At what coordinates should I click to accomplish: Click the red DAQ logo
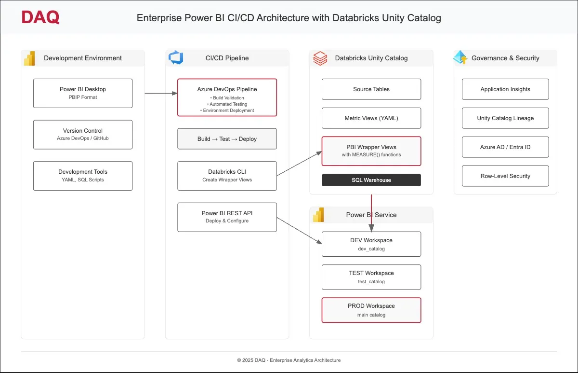(x=40, y=18)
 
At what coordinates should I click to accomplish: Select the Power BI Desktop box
(x=83, y=93)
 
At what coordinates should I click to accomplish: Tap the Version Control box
(x=83, y=134)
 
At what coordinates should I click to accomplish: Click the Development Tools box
(x=83, y=176)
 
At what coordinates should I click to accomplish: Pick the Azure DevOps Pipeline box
(x=227, y=97)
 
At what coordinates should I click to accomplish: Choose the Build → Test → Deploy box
(x=227, y=139)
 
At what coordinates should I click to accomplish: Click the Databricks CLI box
(x=227, y=176)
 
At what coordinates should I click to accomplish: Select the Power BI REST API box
(x=227, y=217)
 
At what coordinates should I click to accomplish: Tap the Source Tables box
(x=371, y=89)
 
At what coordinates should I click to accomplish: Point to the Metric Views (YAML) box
(x=371, y=118)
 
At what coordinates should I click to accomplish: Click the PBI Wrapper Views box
(x=371, y=151)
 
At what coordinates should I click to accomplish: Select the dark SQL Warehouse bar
(x=371, y=180)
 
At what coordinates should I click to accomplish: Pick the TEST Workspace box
(x=371, y=277)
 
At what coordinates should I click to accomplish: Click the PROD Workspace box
(x=371, y=310)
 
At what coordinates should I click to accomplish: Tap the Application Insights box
(x=505, y=89)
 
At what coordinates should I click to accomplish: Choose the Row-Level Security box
(x=505, y=176)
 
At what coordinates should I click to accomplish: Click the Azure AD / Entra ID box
(x=505, y=147)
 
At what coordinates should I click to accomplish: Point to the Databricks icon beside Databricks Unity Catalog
(x=320, y=58)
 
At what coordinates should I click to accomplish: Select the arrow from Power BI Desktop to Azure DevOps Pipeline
(x=161, y=93)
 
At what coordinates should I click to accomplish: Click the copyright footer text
(x=289, y=360)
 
